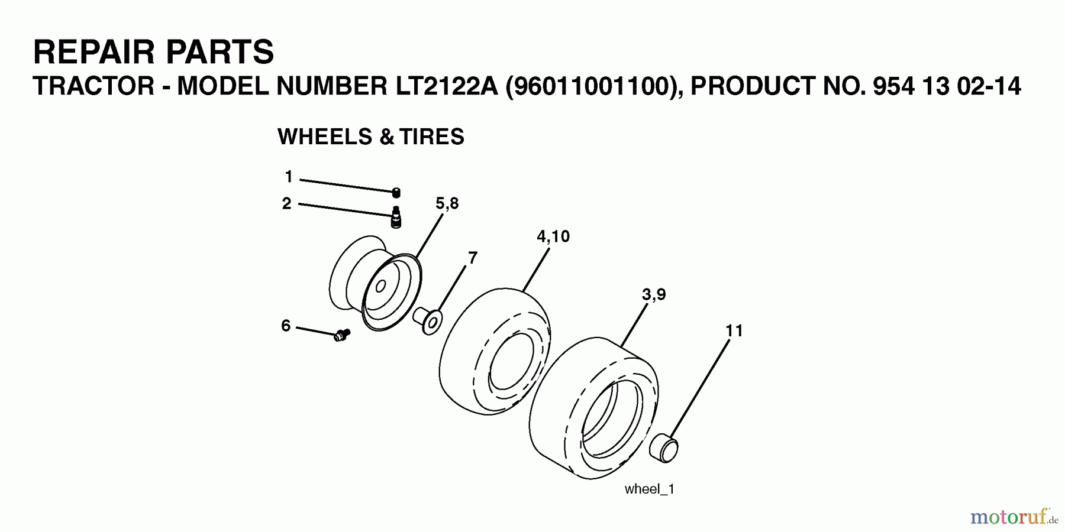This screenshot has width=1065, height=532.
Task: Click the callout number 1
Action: pos(289,177)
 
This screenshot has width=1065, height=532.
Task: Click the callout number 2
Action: pos(287,204)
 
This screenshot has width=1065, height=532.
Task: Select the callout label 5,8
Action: pos(447,204)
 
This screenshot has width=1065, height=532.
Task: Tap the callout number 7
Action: pos(472,258)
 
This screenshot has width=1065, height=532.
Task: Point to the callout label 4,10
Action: pos(553,236)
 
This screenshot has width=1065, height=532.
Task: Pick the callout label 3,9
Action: pos(654,294)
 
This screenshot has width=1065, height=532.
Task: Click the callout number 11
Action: pos(734,331)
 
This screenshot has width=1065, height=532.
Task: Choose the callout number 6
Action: pos(286,326)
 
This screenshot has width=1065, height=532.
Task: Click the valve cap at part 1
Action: pos(396,192)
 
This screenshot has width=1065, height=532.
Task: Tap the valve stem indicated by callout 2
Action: pos(396,217)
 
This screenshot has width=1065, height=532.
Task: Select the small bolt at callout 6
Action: pos(342,335)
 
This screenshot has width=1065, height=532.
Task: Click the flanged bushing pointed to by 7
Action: pos(429,320)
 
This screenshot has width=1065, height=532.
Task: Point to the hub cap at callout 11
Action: pos(663,447)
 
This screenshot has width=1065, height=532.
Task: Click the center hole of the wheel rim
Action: pos(381,287)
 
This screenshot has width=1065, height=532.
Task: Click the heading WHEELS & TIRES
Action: pos(370,137)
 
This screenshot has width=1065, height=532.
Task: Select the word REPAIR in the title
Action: pos(95,52)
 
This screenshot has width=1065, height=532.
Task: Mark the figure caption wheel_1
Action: pos(649,489)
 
